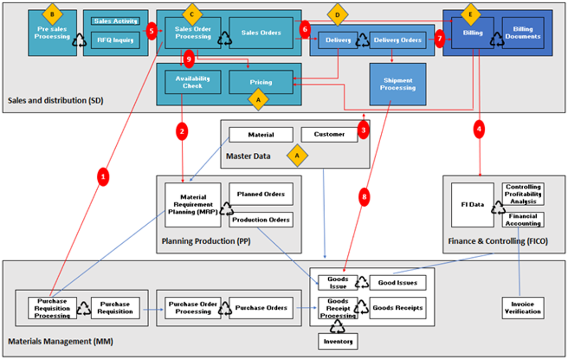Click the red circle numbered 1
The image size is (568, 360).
point(104,177)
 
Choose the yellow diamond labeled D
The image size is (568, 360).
point(338,15)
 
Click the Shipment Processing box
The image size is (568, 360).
point(398,84)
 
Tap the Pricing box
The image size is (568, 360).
point(261,82)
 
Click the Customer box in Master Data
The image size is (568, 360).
point(329,135)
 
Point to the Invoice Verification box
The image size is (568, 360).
point(523,308)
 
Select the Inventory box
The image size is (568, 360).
point(338,341)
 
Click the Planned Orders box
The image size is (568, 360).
point(261,194)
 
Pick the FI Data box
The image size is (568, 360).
point(472,205)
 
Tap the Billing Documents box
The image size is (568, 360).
point(523,33)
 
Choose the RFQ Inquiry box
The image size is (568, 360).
point(115,40)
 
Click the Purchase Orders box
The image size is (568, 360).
point(261,308)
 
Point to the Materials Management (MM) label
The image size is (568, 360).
point(61,341)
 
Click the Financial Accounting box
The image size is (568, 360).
point(523,220)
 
